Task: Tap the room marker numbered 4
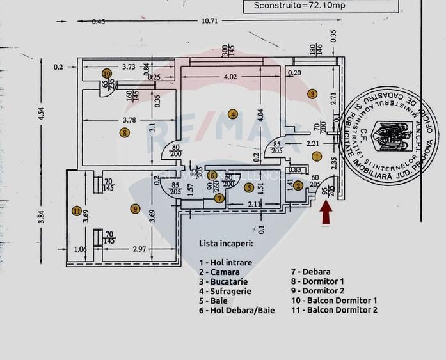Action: click(x=234, y=114)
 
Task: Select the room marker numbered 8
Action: click(x=124, y=132)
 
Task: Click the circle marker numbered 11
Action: click(x=77, y=211)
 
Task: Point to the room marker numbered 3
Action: click(x=312, y=93)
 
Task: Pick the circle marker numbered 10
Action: click(x=107, y=74)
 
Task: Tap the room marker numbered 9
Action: click(x=134, y=208)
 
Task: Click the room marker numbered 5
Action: click(x=249, y=187)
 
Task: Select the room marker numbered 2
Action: click(x=298, y=186)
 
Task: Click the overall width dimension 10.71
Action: click(x=210, y=21)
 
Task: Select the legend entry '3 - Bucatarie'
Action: click(x=223, y=281)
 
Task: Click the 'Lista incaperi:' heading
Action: click(x=226, y=244)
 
